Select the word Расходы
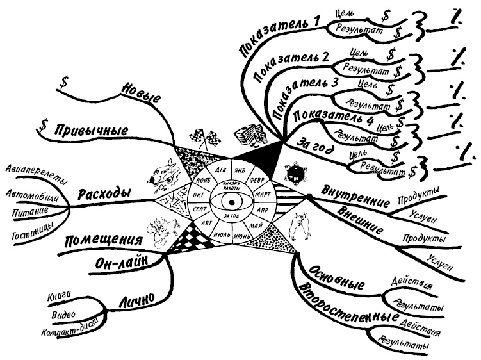pos(106,193)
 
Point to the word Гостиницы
pos(33,235)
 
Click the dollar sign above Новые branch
pos(65,82)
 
